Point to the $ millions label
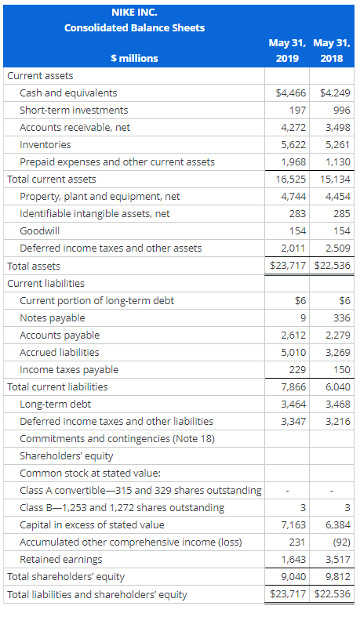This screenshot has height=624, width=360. (134, 58)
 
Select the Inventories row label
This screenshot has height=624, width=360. (45, 145)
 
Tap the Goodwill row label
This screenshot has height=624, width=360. (39, 231)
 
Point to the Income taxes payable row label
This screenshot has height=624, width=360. (69, 369)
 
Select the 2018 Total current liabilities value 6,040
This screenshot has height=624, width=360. (336, 386)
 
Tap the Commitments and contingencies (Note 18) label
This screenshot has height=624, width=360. (117, 438)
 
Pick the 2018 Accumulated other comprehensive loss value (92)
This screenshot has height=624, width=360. (340, 542)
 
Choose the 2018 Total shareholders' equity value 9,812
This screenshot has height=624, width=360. (336, 576)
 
